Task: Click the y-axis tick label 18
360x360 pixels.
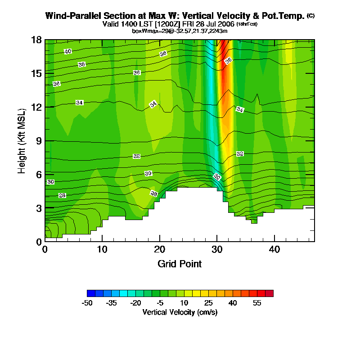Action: [37, 40]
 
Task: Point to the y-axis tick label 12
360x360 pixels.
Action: [37, 107]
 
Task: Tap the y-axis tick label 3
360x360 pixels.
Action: [39, 208]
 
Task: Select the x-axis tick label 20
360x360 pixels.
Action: [160, 249]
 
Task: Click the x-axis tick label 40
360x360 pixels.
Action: [274, 249]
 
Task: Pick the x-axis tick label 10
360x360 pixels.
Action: [102, 249]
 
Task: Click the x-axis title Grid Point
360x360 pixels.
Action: [180, 264]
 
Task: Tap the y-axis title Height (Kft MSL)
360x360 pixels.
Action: [22, 140]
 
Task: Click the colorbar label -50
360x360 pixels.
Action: [87, 303]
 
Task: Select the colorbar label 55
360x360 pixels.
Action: [257, 303]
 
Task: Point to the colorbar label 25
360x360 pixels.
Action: [208, 303]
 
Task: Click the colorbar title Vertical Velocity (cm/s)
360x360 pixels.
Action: [180, 312]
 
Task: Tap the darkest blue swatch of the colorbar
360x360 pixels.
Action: [91, 293]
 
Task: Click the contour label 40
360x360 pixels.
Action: [67, 51]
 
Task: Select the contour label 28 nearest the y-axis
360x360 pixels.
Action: [63, 195]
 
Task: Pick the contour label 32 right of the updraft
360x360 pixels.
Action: [240, 154]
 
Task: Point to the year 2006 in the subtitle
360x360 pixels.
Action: [226, 24]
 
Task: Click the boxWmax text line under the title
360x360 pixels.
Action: [180, 31]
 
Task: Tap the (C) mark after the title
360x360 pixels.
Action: [310, 16]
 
